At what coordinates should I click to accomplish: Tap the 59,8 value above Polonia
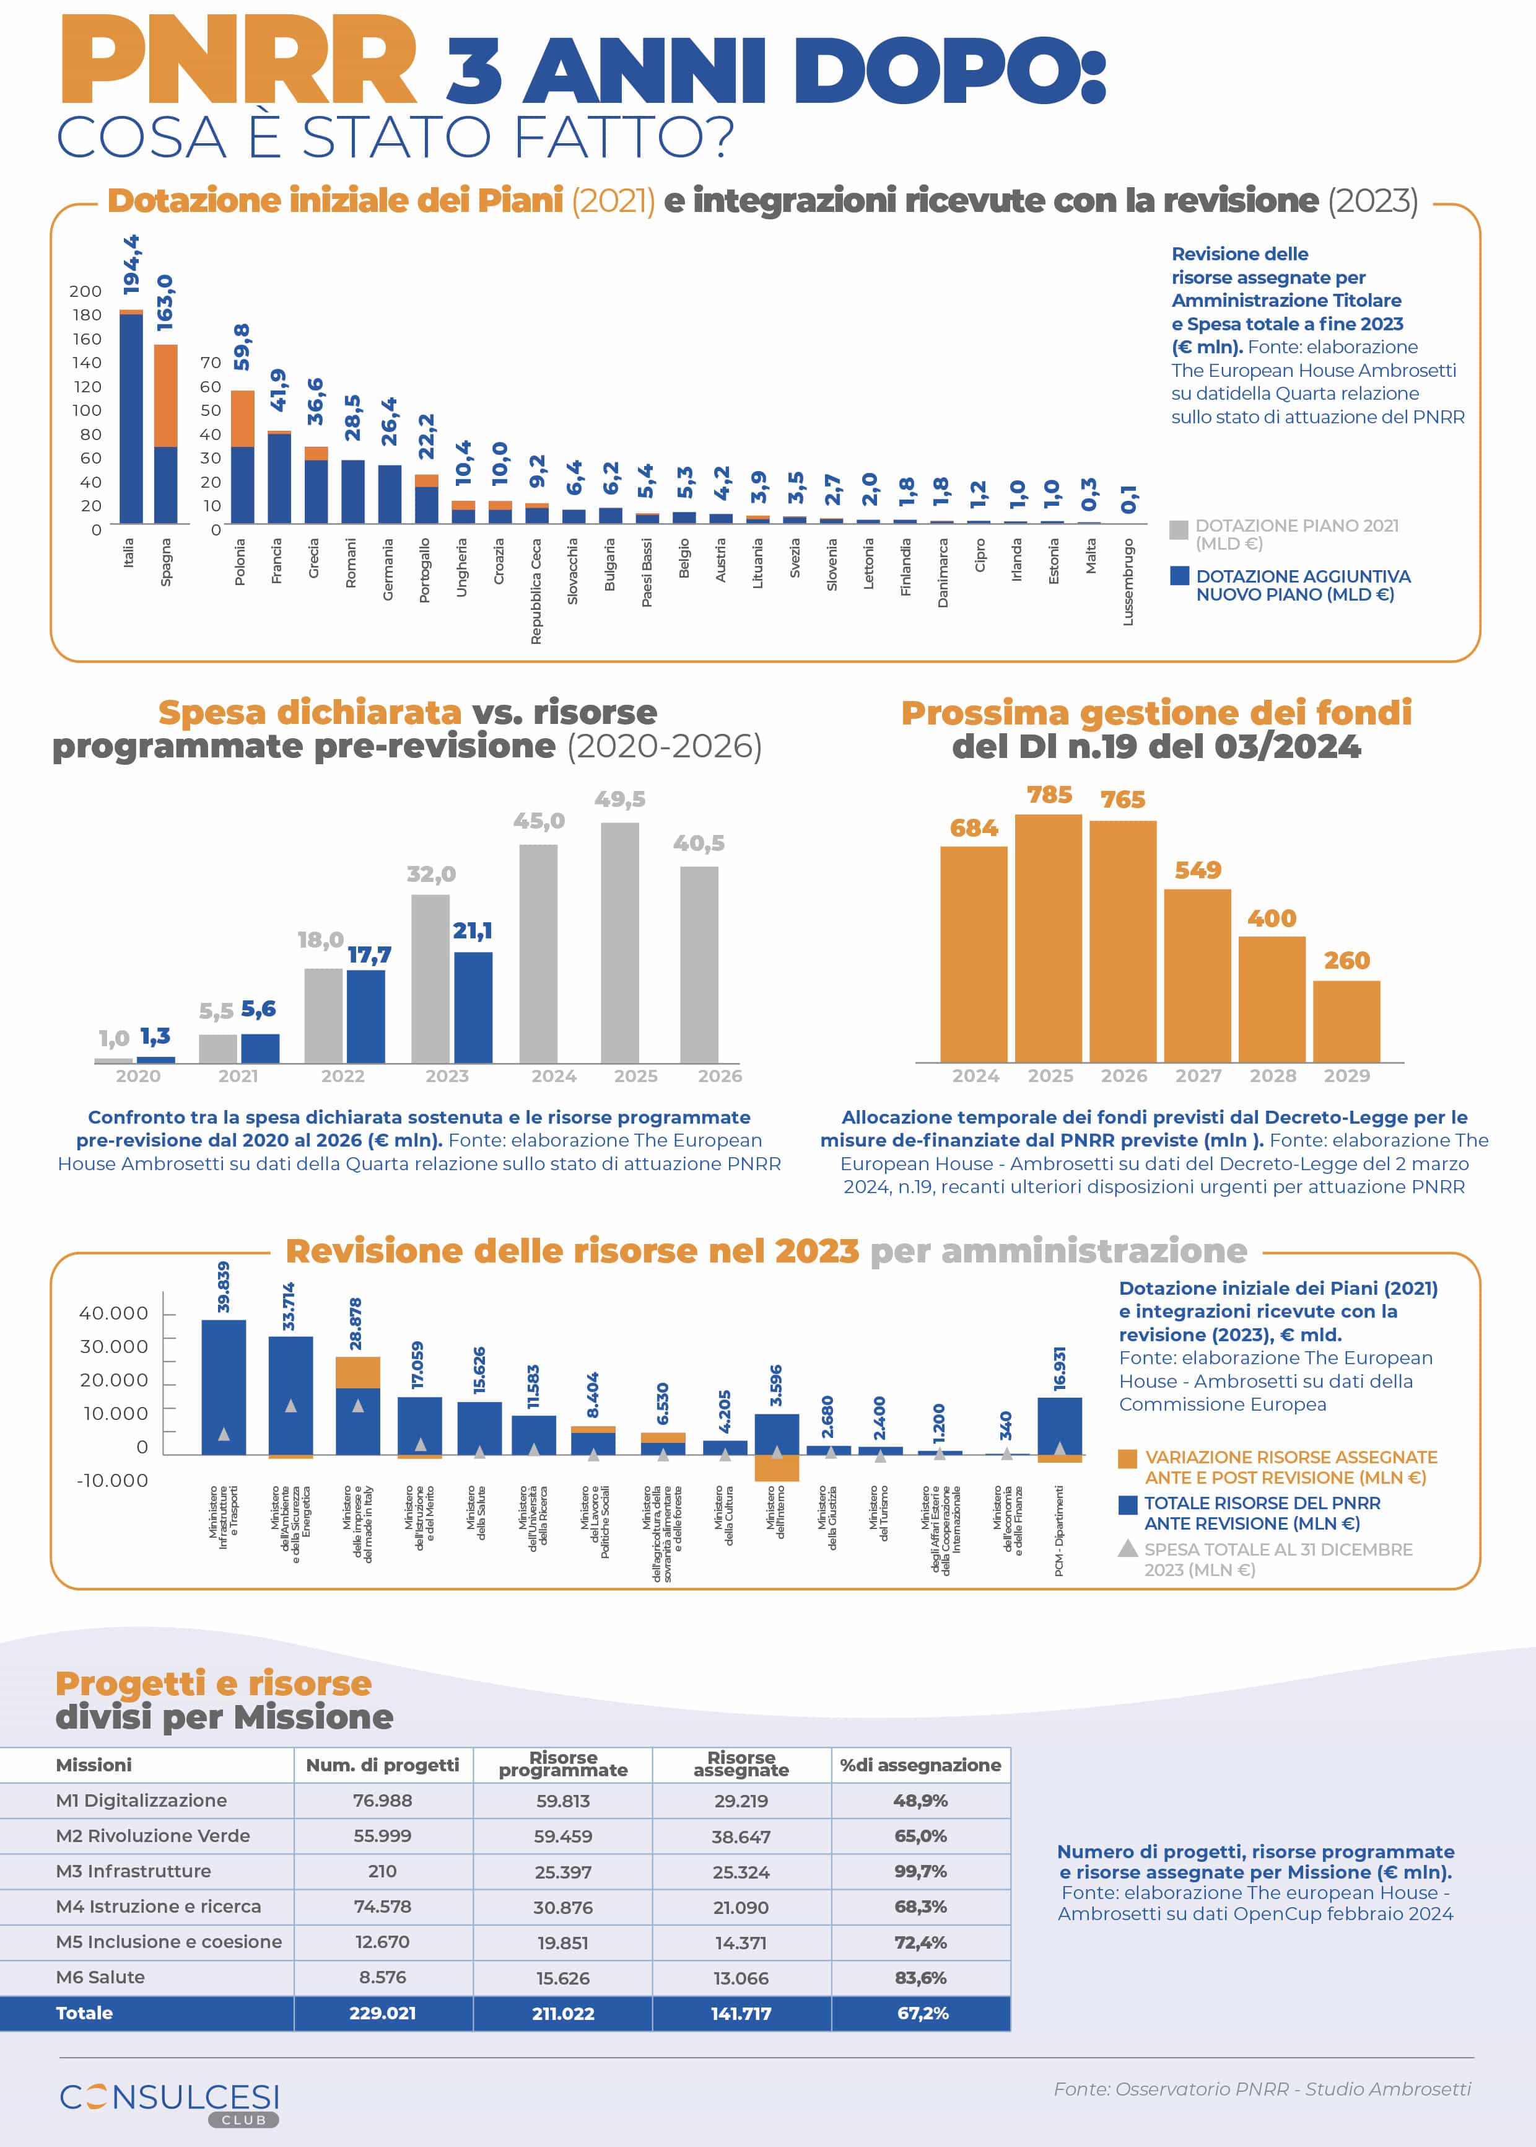coord(242,346)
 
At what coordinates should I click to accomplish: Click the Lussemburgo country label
coord(1127,581)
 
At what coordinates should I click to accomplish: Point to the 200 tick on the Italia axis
coord(85,291)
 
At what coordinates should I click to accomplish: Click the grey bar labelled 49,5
coord(619,941)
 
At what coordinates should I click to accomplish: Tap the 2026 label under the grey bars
coord(720,1076)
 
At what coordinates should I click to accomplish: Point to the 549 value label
coord(1197,870)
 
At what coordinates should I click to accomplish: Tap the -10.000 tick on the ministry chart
coord(113,1480)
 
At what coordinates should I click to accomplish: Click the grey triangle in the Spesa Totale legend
coord(1127,1549)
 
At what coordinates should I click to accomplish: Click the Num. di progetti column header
coord(382,1765)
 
